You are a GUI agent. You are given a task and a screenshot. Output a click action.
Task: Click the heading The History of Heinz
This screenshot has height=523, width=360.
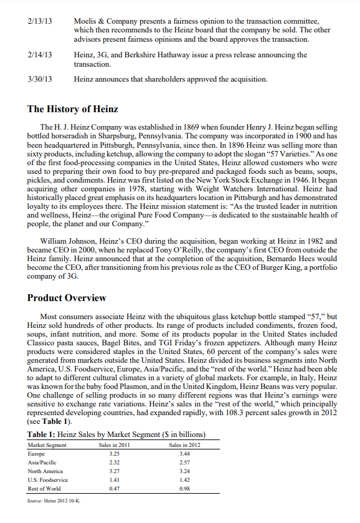pos(72,109)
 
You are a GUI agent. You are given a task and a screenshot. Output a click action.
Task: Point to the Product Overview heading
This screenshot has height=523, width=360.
pos(67,298)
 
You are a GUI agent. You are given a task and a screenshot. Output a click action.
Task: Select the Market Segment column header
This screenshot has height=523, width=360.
pos(47,444)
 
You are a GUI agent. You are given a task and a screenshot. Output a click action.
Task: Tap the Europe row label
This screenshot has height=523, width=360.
pos(37,454)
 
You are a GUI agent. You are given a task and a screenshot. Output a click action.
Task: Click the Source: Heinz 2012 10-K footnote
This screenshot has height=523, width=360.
pos(54,501)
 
